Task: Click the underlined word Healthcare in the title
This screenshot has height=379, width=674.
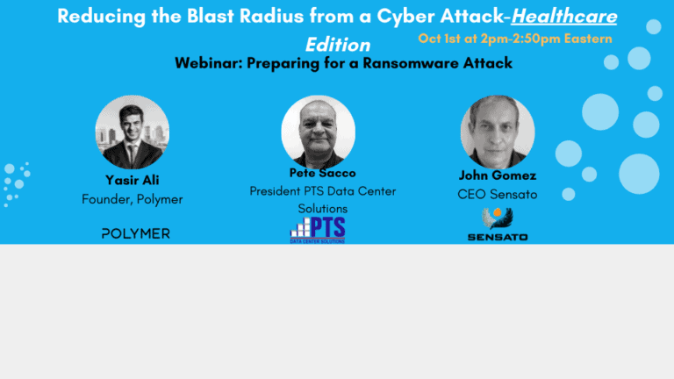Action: tap(564, 17)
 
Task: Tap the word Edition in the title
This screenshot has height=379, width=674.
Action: tap(338, 45)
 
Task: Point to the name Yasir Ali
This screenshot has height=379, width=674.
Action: tap(133, 180)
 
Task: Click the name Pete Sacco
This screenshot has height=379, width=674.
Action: tap(322, 173)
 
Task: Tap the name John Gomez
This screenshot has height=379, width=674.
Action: tap(498, 175)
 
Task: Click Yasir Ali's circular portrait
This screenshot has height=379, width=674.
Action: tap(132, 132)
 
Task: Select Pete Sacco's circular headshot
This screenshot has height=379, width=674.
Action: tap(318, 132)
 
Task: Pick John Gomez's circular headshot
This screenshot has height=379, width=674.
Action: tap(498, 132)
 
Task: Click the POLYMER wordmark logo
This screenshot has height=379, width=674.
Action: tap(136, 233)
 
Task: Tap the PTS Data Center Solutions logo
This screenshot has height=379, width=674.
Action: tap(318, 230)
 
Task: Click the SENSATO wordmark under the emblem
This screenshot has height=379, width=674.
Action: tap(498, 237)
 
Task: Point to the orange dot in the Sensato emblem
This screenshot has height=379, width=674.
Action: tap(498, 212)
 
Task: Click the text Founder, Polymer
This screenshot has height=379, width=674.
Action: tap(133, 199)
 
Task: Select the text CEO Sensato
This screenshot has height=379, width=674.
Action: tap(498, 194)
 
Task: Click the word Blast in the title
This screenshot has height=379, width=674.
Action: tap(211, 17)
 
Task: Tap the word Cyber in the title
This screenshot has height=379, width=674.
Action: tap(405, 17)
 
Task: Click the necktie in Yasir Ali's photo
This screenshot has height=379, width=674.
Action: tap(132, 154)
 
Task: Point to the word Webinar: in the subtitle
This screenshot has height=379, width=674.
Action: tap(209, 63)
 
